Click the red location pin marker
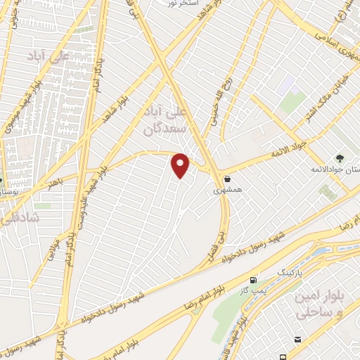point(181,165)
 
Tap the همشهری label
point(228,191)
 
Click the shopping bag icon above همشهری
point(228,179)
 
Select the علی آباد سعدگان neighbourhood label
point(167,122)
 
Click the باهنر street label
point(55,184)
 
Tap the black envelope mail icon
point(298,341)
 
